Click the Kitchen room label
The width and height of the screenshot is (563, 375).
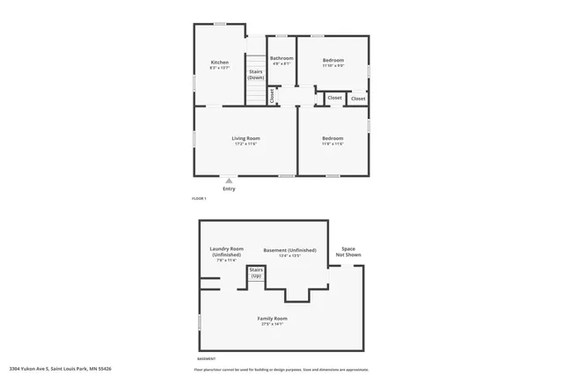[219, 62]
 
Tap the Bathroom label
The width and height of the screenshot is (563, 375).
[281, 58]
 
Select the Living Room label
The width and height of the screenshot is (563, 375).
[245, 138]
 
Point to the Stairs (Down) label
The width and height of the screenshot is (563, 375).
[255, 75]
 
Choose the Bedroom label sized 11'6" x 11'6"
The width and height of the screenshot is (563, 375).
[332, 138]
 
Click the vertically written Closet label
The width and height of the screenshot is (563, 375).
[272, 95]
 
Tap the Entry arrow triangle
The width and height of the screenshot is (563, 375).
[229, 180]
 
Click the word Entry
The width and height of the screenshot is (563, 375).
[229, 188]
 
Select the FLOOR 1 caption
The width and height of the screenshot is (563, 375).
[199, 199]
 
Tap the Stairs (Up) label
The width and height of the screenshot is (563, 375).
[256, 274]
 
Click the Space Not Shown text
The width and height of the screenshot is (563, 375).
[351, 252]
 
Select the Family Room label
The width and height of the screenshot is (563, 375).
[272, 318]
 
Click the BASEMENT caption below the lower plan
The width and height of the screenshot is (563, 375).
[205, 359]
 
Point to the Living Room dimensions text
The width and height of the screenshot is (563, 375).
[245, 143]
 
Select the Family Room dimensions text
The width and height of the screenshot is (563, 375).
[272, 323]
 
